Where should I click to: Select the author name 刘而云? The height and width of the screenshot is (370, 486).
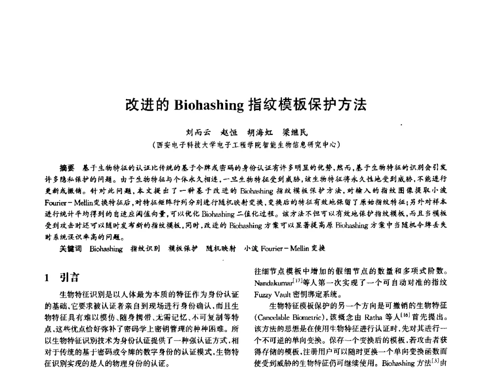pos(197,133)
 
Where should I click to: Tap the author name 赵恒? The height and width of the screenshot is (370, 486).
pos(231,133)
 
